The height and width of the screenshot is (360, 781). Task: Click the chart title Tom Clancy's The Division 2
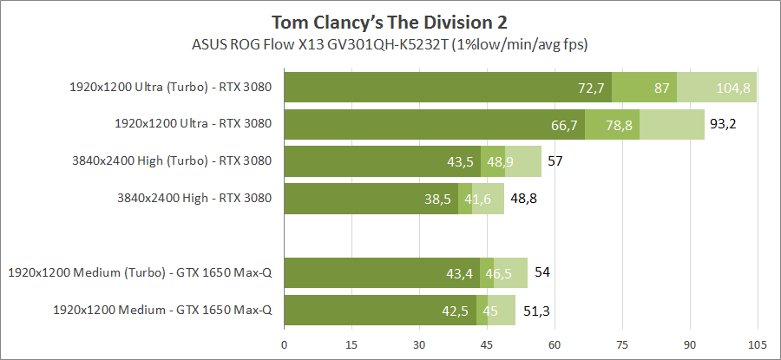[x=390, y=21]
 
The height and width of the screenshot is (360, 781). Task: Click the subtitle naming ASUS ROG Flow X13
[x=390, y=43]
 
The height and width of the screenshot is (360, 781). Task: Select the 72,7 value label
[x=591, y=88]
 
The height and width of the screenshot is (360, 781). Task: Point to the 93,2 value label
[x=723, y=124]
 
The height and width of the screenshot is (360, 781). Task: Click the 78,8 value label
[x=619, y=125]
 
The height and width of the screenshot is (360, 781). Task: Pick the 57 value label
[x=555, y=161]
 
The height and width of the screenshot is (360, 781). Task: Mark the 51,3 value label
[x=533, y=310]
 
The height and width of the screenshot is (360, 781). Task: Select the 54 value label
[x=541, y=273]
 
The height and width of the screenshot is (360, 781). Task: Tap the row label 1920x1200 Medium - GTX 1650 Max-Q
[x=162, y=310]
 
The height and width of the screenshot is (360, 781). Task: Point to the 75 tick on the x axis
[x=622, y=344]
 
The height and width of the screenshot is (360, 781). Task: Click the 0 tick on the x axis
[x=285, y=344]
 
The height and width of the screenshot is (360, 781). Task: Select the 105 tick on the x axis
[x=758, y=344]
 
